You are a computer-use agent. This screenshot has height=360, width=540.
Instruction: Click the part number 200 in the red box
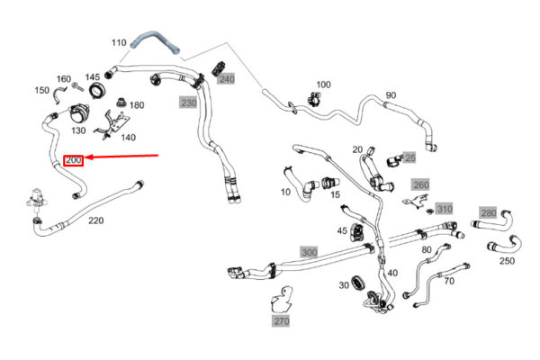click(x=74, y=160)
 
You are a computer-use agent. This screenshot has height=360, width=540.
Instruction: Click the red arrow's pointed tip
click(x=87, y=160)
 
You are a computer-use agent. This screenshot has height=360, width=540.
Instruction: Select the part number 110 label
click(x=119, y=42)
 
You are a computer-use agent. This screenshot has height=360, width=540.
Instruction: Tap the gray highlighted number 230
click(x=188, y=103)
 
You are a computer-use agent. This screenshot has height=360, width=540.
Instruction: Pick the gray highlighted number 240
click(x=226, y=79)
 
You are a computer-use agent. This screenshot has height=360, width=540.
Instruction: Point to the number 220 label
click(x=95, y=220)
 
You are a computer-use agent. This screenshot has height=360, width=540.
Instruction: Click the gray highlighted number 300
click(x=309, y=252)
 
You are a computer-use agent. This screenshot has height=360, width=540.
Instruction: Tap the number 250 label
click(x=507, y=261)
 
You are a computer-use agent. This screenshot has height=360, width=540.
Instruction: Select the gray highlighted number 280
click(x=488, y=212)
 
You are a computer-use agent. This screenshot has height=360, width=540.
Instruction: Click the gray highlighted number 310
click(x=445, y=209)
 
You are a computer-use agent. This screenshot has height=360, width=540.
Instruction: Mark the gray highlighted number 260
click(x=420, y=185)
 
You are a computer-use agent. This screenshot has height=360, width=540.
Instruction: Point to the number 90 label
click(x=390, y=95)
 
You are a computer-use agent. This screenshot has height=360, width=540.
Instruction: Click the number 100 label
click(x=323, y=84)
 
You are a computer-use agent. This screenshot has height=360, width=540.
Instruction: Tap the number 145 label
click(x=93, y=77)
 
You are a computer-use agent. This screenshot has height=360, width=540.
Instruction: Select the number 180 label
click(x=137, y=105)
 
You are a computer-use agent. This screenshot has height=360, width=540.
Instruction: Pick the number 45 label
click(x=342, y=231)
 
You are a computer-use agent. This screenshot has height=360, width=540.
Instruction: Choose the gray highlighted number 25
click(x=409, y=157)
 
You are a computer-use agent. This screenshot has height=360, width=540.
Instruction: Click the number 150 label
click(x=42, y=90)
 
